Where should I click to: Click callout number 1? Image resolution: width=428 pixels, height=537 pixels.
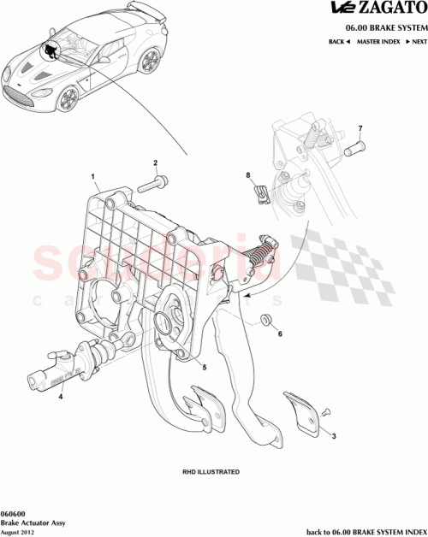point(92,177)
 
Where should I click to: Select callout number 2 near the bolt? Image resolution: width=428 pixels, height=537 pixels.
point(155,162)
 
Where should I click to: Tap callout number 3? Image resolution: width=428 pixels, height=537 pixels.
point(334,436)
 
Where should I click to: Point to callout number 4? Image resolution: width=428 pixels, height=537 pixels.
point(62,396)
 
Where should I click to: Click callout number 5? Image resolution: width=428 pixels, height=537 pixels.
point(204,369)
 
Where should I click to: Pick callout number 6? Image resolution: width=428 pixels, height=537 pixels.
point(279,334)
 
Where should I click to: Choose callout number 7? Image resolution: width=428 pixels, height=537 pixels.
point(360,129)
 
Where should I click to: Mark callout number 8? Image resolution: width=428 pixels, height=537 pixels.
point(249,177)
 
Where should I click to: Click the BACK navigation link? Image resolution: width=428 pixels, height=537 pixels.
point(338,41)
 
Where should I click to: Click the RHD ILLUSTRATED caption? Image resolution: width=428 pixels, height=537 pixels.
point(211,471)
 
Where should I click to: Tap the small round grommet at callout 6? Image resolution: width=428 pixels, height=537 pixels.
point(265,320)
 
